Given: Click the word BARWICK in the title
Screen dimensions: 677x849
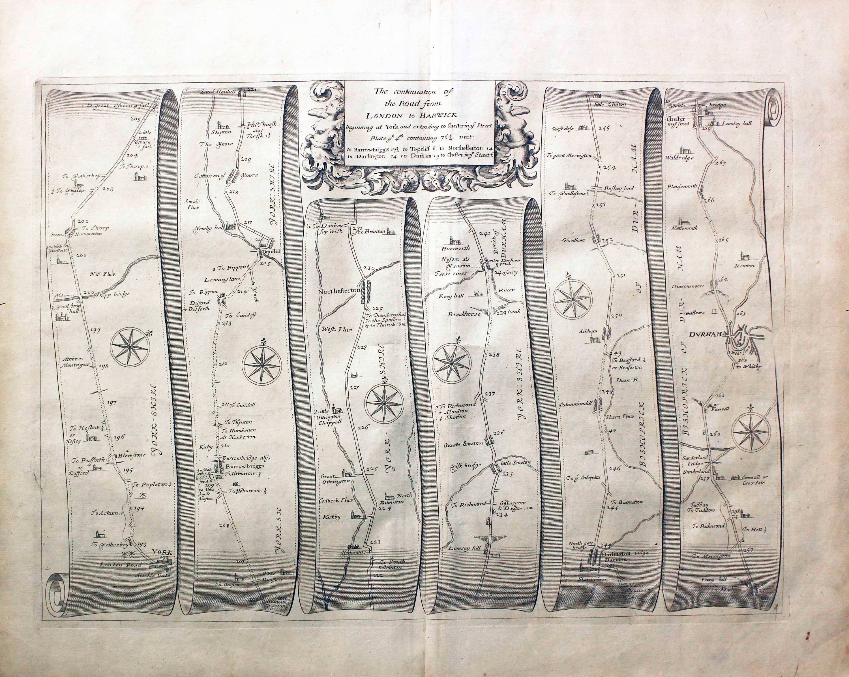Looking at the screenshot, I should tap(438, 115).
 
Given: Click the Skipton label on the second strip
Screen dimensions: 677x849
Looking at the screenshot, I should tap(221, 133).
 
